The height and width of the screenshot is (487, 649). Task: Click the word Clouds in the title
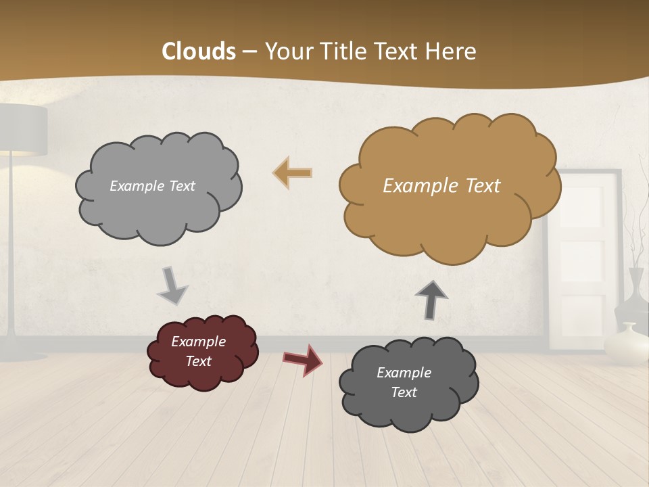point(198,51)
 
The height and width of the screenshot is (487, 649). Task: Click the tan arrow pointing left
point(293,173)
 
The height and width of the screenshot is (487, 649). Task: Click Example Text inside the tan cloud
point(441,186)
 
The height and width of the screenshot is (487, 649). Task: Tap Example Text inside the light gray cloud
point(152,186)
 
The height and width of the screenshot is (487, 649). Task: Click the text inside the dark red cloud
point(198,351)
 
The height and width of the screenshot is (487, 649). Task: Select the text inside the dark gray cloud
point(404,382)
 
